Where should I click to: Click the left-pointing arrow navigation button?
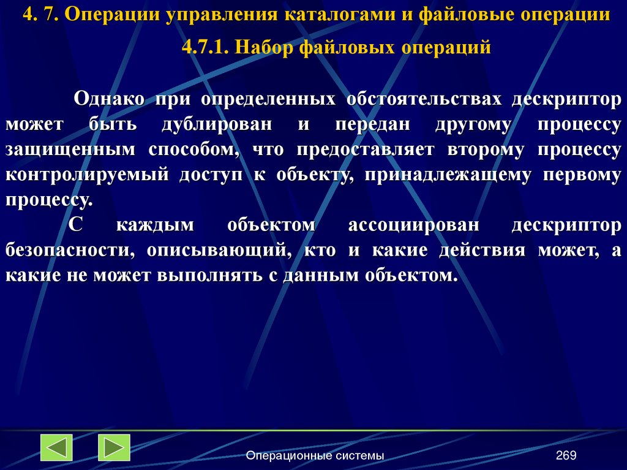pos(56,447)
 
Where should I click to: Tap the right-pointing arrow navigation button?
pos(114,447)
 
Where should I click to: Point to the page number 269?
pos(566,455)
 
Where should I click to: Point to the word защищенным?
pos(69,150)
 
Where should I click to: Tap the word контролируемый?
pos(87,175)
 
